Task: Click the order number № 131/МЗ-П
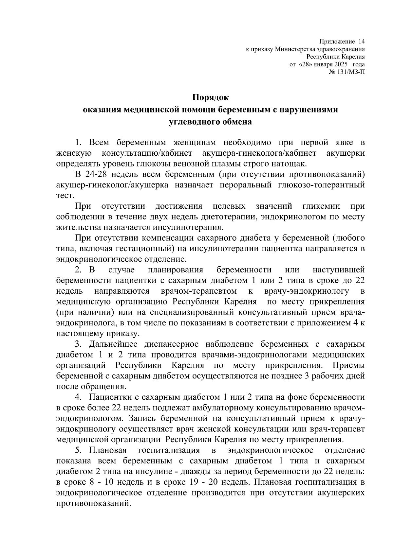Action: point(347,72)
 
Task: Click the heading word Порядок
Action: point(210,98)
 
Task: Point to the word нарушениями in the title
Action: point(309,110)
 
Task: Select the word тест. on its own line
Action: point(65,196)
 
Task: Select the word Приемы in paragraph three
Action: point(348,365)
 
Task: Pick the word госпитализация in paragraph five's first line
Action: point(169,450)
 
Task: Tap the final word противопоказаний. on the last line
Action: point(93,503)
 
